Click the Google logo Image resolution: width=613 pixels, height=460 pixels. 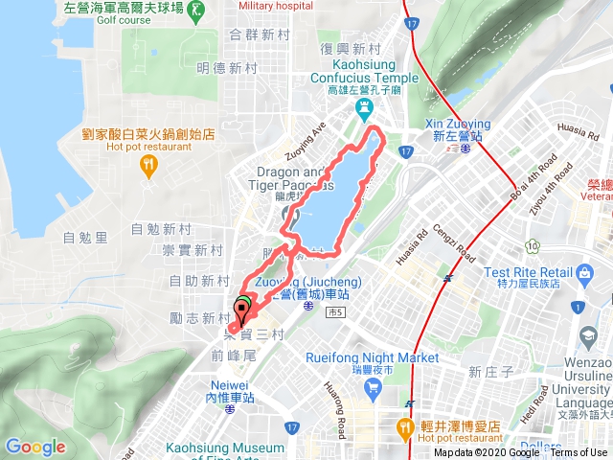(x=35, y=447)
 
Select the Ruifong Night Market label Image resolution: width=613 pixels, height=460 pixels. (x=371, y=358)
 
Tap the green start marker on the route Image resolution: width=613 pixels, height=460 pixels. (x=243, y=308)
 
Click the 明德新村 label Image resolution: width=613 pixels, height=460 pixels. (x=228, y=68)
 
